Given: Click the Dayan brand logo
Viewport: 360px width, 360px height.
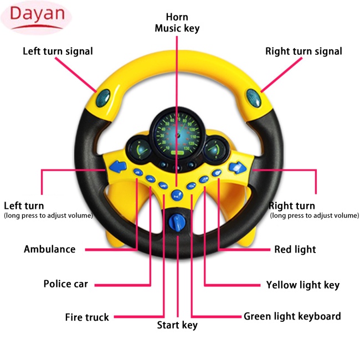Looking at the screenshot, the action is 36,18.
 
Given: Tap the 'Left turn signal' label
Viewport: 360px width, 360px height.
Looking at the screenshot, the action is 58,52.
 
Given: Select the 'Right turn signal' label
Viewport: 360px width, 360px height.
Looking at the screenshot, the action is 304,52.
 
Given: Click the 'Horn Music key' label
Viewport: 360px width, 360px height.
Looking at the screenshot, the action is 177,23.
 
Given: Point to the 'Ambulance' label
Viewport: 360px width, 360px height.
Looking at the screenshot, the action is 50,249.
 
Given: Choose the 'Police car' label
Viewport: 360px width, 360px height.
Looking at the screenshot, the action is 66,284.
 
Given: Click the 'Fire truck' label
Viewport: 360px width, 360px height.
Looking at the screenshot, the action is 87,317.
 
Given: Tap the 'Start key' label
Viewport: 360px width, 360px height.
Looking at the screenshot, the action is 177,325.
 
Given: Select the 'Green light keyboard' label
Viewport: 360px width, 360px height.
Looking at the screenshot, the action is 292,317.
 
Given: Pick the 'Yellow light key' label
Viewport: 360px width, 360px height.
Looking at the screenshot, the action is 303,285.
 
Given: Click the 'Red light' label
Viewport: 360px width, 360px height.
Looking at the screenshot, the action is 295,249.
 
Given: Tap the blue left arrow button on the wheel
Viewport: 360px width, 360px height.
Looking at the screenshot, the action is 118,167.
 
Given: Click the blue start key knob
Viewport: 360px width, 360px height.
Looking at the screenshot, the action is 177,222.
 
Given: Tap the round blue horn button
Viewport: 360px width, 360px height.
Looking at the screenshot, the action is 177,196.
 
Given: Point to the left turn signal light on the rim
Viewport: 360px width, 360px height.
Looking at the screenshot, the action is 103,98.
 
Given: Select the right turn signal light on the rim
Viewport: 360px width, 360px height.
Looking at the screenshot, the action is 254,98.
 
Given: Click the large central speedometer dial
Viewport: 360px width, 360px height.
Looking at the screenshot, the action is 177,136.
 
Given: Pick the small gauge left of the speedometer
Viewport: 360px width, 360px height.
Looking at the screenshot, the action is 140,149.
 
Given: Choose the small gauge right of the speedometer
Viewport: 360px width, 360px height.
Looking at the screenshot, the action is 215,149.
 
